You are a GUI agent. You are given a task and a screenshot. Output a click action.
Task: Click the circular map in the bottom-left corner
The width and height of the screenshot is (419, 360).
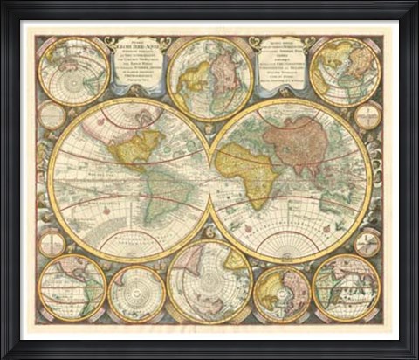tap(72, 287)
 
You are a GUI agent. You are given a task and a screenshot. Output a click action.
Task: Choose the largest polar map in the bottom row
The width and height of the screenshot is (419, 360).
tap(209, 281)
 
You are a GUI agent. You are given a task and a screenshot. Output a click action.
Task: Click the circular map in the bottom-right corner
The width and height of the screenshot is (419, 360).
tap(346, 287)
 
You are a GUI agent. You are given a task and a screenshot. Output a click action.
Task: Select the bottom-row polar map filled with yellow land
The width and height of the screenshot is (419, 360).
tap(282, 294)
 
